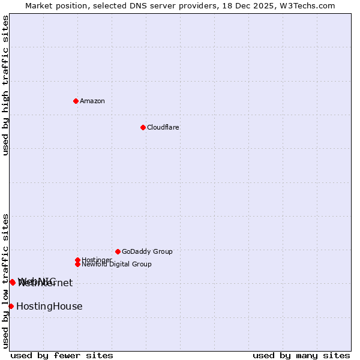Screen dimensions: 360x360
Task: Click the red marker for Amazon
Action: (76, 101)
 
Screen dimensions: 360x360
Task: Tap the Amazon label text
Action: (92, 101)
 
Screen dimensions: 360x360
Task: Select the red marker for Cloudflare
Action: (143, 127)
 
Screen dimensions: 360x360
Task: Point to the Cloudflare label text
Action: (163, 127)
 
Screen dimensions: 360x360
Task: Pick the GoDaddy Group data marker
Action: (118, 251)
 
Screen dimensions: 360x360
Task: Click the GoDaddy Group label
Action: (147, 251)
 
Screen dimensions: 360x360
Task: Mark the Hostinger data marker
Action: (77, 260)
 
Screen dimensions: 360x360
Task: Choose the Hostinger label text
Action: (97, 260)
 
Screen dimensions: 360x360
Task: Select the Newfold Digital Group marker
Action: (77, 264)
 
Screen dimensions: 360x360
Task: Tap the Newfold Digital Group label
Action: (117, 265)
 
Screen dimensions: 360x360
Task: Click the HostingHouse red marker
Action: (11, 306)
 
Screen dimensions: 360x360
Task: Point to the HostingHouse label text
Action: (49, 306)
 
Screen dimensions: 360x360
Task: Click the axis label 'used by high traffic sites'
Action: (5, 85)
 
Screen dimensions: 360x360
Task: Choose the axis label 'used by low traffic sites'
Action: (5, 281)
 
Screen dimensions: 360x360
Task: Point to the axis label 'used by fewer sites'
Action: (62, 355)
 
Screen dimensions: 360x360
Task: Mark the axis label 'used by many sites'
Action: (301, 355)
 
